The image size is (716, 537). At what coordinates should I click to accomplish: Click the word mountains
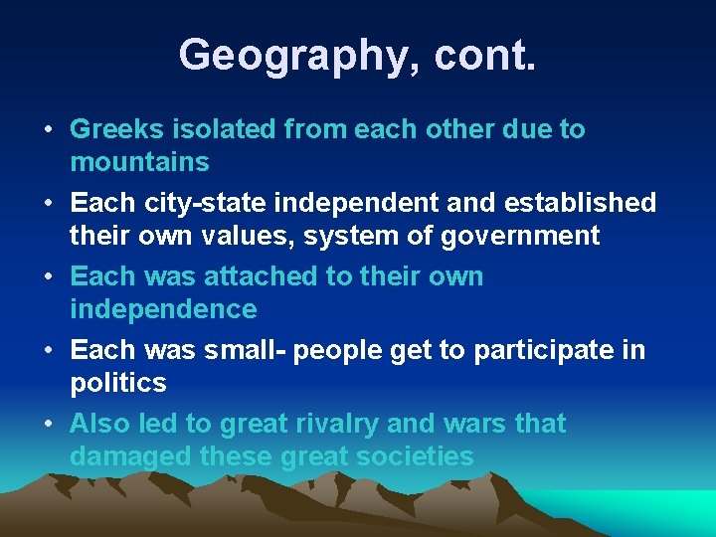[139, 162]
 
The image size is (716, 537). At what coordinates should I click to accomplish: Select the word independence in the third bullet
[163, 309]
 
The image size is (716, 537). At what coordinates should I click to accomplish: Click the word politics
[117, 383]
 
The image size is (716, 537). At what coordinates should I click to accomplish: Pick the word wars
[476, 424]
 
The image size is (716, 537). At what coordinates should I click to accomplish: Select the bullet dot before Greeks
[49, 130]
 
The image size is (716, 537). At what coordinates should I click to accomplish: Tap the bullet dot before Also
[49, 425]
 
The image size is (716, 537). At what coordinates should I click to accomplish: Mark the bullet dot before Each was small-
[49, 351]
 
